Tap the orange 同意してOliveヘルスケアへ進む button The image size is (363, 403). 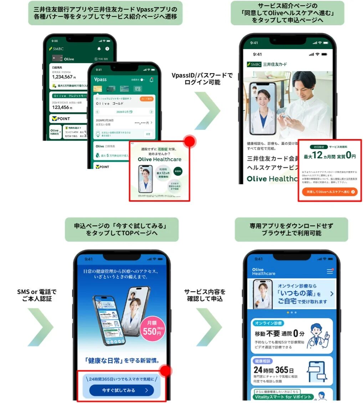click(x=329, y=192)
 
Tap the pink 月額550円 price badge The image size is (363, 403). click(x=152, y=329)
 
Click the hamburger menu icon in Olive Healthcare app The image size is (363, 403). click(x=329, y=271)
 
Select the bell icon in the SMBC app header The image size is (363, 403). click(x=99, y=49)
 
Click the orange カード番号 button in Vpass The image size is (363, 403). click(x=147, y=99)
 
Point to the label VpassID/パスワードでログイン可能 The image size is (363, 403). click(x=202, y=79)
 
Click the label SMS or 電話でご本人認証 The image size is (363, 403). click(x=37, y=295)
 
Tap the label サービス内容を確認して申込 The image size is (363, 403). click(x=205, y=295)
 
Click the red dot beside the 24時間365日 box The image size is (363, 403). click(x=165, y=371)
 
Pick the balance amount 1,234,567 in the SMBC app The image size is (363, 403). click(x=62, y=77)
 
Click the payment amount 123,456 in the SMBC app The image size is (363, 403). click(x=61, y=107)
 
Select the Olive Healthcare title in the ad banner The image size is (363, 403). click(x=159, y=159)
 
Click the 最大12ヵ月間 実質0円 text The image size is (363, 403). click(x=329, y=156)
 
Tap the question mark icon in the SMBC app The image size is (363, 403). click(x=107, y=49)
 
